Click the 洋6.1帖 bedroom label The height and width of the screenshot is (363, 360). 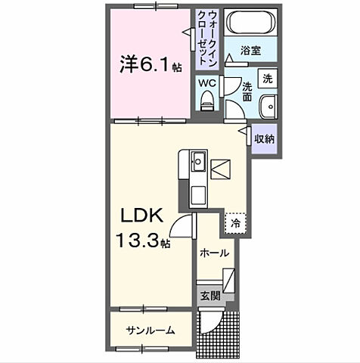click(x=149, y=65)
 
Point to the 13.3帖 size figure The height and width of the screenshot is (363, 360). click(x=143, y=242)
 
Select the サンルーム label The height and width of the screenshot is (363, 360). click(x=151, y=330)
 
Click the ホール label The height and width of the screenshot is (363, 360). click(x=214, y=253)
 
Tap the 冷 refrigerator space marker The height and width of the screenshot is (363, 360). click(x=235, y=223)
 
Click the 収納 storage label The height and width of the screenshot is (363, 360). click(x=263, y=138)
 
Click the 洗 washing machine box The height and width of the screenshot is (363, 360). click(x=267, y=79)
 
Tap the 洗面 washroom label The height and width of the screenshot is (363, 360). click(x=247, y=92)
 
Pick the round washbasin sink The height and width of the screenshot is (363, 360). click(x=269, y=107)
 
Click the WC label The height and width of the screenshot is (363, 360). click(x=206, y=82)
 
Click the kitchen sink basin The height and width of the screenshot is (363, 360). click(x=197, y=161)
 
